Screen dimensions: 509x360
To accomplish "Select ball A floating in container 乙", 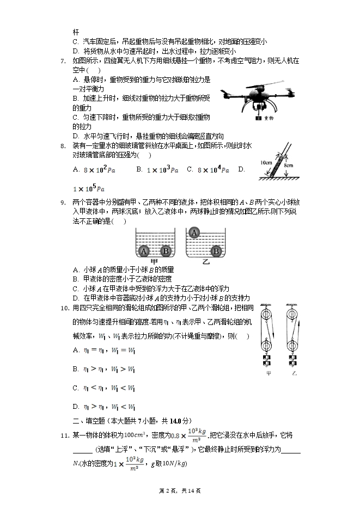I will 194,232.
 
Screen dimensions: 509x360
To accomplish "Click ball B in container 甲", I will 167,252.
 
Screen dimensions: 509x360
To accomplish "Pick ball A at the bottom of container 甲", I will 144,252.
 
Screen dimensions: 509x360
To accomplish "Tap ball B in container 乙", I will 216,252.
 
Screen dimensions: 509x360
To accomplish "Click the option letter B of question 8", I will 139,169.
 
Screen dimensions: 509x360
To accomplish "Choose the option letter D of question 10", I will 76,406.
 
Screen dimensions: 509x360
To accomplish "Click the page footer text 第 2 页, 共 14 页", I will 180,490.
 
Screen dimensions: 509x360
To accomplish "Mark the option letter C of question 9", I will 76,288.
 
